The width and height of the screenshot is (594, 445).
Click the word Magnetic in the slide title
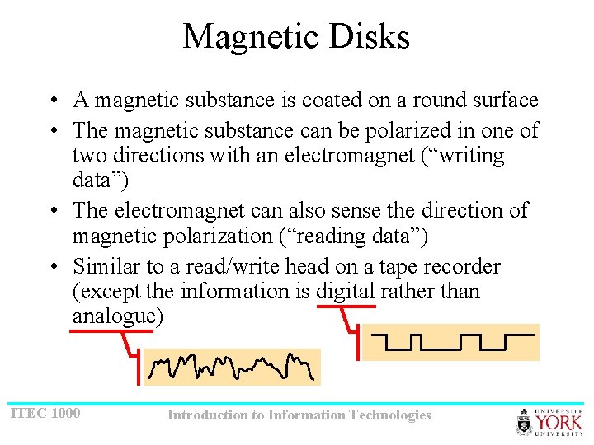pos(250,37)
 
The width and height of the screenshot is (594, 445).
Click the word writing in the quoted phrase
pos(465,156)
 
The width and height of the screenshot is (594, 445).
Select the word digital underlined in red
pos(346,292)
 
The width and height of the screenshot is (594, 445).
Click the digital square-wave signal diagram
pos(450,342)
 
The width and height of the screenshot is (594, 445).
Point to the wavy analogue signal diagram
pos(231,368)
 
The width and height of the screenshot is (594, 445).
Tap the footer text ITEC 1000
pos(45,412)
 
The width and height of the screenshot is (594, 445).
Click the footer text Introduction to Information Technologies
pos(299,415)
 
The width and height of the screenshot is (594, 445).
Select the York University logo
pos(549,422)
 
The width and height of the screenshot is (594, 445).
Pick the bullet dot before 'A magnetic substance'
pos(52,101)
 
